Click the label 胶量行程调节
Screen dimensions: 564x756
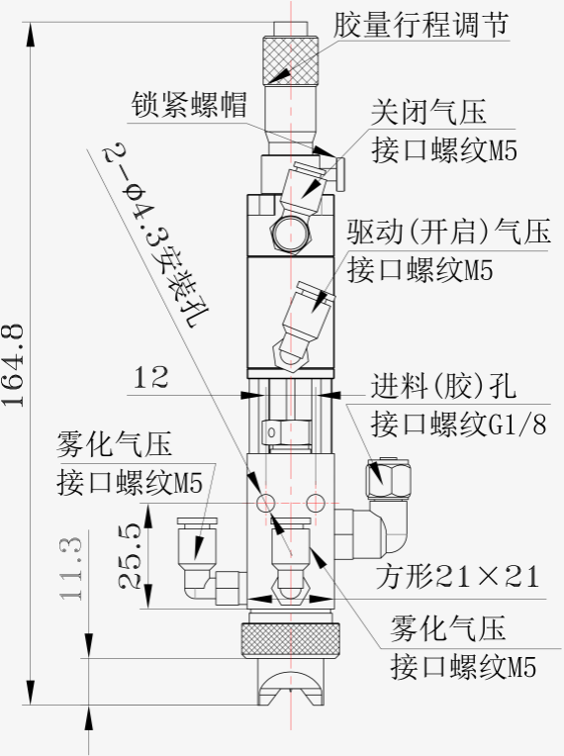[x=421, y=24]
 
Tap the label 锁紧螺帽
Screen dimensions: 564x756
[x=189, y=104]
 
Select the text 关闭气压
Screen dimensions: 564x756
[x=428, y=113]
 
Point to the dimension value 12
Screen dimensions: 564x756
[x=150, y=377]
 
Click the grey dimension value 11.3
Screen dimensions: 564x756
[x=71, y=568]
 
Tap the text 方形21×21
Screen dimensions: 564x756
[x=457, y=576]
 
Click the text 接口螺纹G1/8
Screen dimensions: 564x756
[x=459, y=424]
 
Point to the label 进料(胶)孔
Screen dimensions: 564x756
[x=443, y=386]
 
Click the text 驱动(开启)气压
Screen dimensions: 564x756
[x=449, y=231]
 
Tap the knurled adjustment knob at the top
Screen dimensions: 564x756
[x=291, y=59]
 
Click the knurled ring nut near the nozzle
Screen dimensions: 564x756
[x=290, y=640]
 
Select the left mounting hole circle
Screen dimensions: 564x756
[x=265, y=503]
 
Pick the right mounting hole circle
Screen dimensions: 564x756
[x=316, y=503]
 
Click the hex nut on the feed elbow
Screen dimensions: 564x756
[x=389, y=479]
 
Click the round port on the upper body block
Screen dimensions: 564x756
[x=291, y=234]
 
